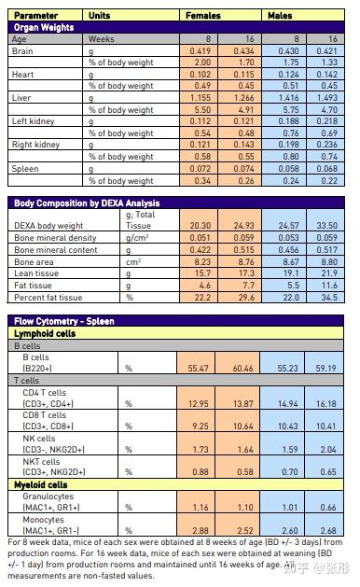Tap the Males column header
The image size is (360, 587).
click(281, 16)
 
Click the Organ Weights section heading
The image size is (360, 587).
click(44, 27)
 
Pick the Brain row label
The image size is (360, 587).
click(22, 49)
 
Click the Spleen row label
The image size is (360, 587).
click(25, 169)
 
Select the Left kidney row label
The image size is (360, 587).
click(33, 121)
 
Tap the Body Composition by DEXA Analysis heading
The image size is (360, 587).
click(86, 203)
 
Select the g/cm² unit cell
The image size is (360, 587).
click(139, 238)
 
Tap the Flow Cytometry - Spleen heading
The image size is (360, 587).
click(67, 321)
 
